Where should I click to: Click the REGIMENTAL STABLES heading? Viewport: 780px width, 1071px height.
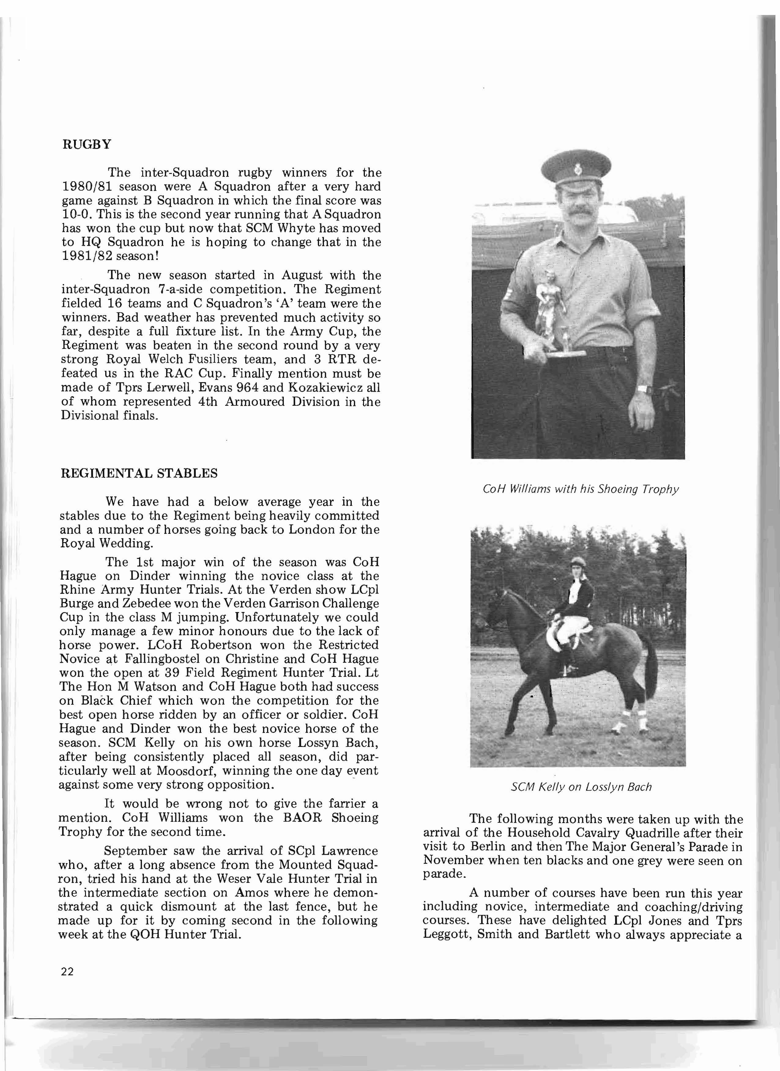coord(139,473)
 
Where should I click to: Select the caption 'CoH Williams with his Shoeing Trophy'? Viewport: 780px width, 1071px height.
coord(580,489)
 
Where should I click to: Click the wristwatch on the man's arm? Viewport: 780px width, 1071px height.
coord(644,390)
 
